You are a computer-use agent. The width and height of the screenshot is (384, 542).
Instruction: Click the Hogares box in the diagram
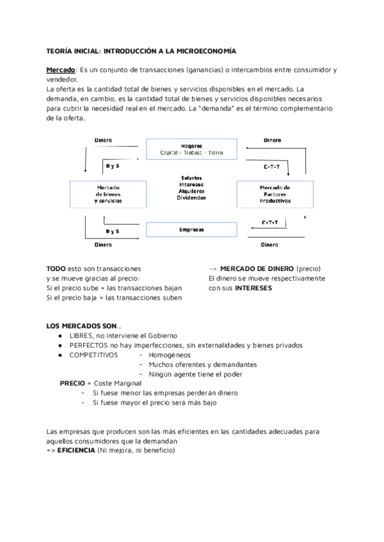[x=192, y=149]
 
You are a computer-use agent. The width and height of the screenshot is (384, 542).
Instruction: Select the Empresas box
[x=192, y=229]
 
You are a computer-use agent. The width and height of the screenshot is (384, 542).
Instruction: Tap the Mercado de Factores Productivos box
[x=275, y=194]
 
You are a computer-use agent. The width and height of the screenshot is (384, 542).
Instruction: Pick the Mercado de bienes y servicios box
[x=108, y=194]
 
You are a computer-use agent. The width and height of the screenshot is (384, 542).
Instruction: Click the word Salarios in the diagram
[x=191, y=177]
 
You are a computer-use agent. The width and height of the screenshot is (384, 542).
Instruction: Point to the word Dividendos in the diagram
[x=191, y=198]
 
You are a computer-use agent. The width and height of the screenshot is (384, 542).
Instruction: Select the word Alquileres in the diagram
[x=191, y=191]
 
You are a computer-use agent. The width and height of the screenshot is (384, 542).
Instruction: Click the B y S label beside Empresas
[x=113, y=231]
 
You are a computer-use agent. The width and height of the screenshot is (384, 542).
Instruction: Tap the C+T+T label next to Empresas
[x=269, y=222]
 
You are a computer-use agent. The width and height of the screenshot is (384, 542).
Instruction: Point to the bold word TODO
[x=56, y=268]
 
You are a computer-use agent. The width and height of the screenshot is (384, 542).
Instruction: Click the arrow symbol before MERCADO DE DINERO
[x=213, y=268]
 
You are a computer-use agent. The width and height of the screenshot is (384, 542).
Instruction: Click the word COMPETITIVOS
[x=93, y=355]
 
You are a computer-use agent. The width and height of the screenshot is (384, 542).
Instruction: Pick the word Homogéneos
[x=170, y=355]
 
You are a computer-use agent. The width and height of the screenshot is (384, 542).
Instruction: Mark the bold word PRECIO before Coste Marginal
[x=72, y=383]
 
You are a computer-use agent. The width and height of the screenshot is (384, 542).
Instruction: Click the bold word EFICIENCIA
[x=76, y=450]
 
